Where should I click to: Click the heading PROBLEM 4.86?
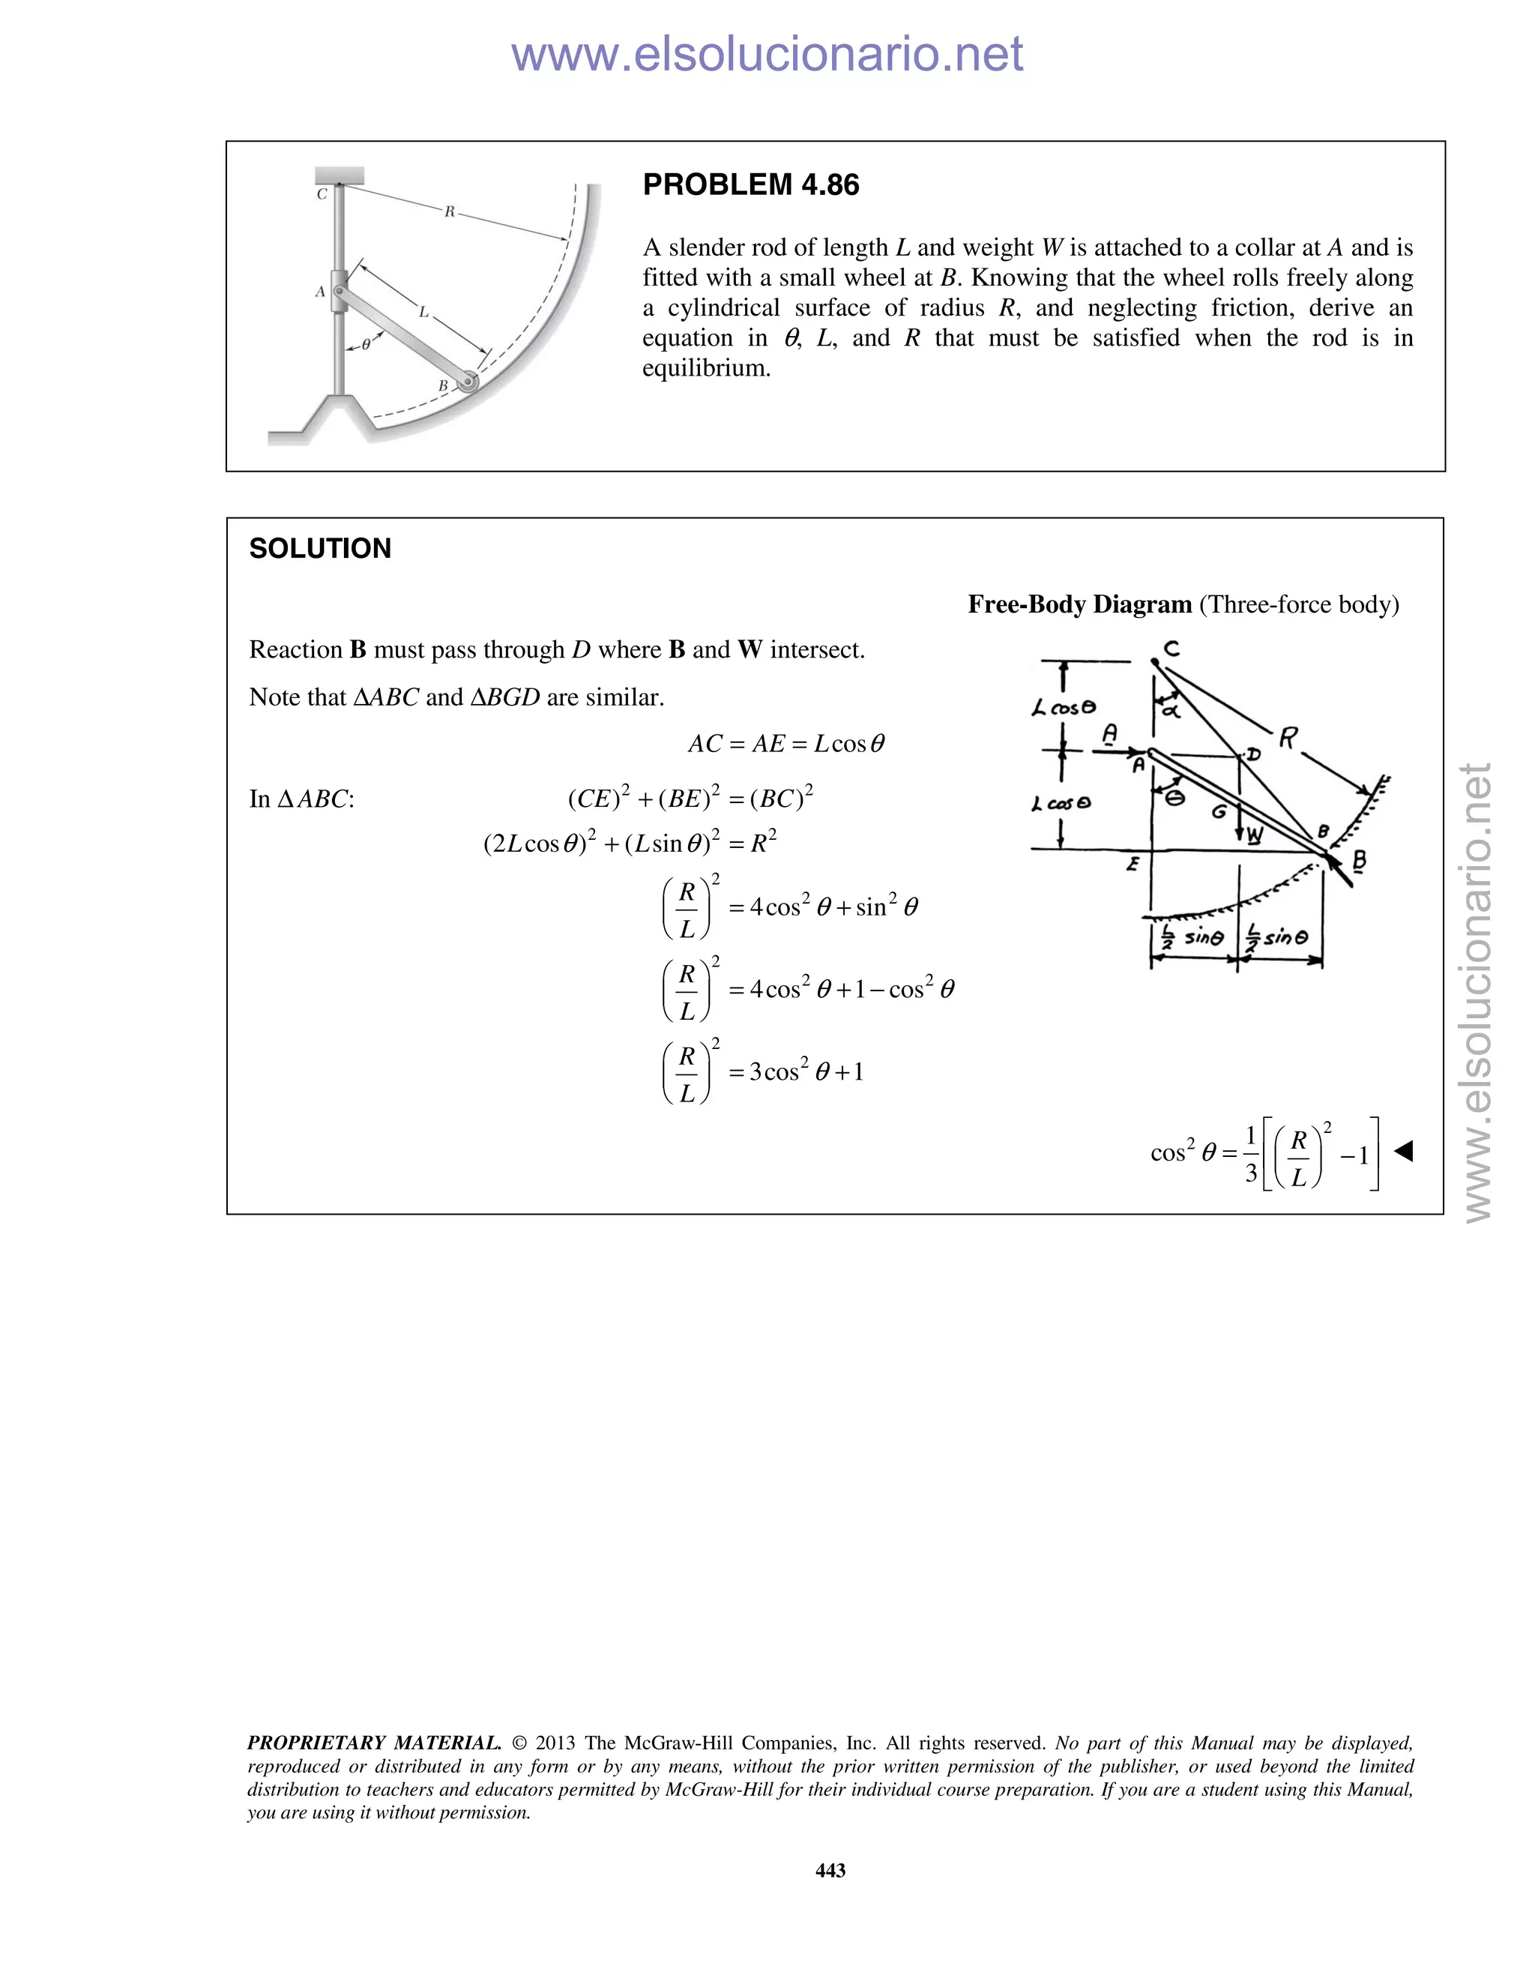pos(750,184)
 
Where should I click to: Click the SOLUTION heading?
pos(320,549)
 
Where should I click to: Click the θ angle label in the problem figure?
pos(366,345)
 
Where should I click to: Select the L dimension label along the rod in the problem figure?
pos(423,312)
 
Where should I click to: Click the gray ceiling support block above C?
pos(340,175)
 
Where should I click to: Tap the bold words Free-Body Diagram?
pos(1079,604)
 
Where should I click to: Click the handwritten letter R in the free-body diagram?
pos(1288,738)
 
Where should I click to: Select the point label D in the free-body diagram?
pos(1253,754)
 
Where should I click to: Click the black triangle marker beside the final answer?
pos(1403,1152)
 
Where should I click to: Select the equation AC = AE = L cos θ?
pos(785,745)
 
